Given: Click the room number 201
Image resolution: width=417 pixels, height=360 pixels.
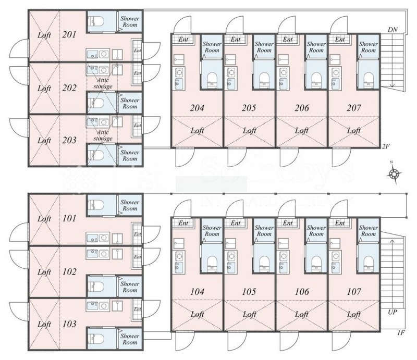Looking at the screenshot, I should [69, 35].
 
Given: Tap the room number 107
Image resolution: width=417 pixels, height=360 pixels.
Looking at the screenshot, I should [354, 291].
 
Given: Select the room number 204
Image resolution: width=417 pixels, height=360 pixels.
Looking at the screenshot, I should [197, 108].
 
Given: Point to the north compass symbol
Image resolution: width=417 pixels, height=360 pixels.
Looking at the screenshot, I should [395, 173].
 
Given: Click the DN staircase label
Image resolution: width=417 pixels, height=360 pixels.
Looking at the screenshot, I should [394, 30].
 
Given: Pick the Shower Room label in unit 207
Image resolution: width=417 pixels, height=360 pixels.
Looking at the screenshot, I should [369, 47].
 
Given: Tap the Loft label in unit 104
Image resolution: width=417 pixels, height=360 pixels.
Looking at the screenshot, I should [197, 314].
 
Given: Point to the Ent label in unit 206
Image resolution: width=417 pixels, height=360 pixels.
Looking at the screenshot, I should [288, 39].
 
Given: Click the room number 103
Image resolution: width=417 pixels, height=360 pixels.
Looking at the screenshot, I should [69, 324].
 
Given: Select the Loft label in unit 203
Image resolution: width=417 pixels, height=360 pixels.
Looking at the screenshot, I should [45, 140].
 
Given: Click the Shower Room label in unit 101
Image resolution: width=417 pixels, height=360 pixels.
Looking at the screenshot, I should [130, 205].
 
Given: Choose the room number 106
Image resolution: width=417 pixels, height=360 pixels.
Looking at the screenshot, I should [301, 291].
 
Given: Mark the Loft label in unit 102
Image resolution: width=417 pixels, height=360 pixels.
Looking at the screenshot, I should [45, 271].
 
